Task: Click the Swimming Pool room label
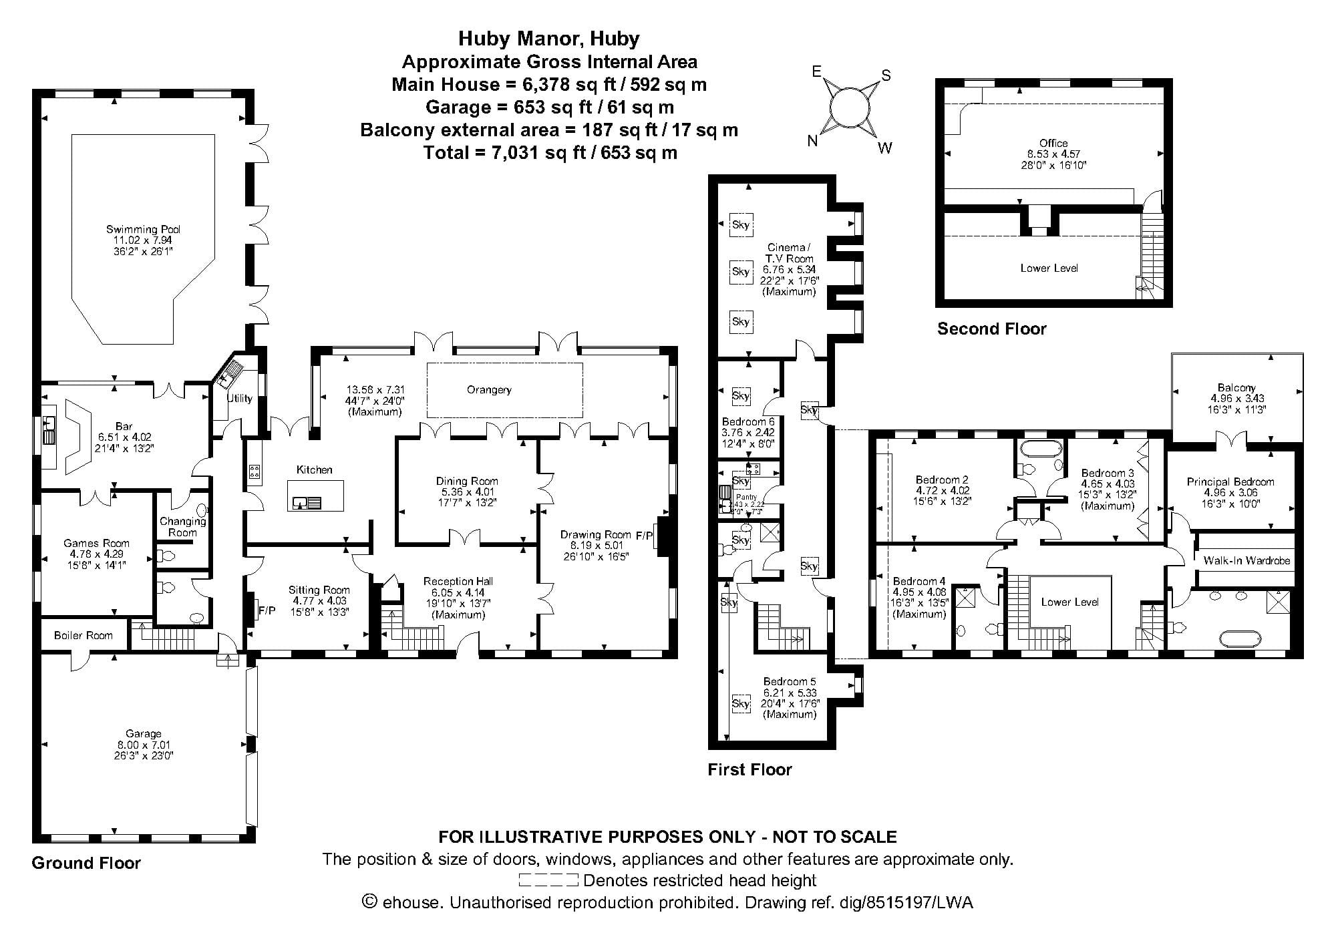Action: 143,229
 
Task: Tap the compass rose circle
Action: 850,107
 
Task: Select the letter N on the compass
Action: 813,140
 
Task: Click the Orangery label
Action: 489,389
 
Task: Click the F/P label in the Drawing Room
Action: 645,535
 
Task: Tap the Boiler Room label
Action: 83,635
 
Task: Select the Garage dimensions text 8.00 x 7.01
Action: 144,745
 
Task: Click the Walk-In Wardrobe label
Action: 1246,560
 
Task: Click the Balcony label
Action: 1236,387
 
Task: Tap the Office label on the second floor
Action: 1053,143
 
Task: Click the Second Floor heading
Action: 991,329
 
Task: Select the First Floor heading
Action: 749,769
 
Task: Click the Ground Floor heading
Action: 86,863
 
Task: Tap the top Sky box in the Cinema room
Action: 740,224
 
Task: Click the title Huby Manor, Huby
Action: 548,39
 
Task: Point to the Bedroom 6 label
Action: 748,421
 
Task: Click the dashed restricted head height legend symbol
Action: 548,880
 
